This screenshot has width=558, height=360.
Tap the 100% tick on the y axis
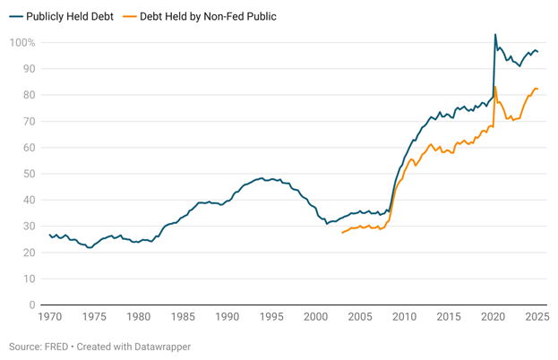point(22,43)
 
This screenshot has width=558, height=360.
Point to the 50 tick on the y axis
point(28,174)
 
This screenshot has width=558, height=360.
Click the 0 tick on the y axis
point(31,305)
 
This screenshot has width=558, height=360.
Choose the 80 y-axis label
point(28,95)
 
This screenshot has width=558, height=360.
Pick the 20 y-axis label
point(28,253)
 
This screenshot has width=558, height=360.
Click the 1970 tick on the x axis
point(50,317)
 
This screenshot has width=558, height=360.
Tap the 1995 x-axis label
point(271,317)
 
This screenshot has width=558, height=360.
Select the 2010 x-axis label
point(404,317)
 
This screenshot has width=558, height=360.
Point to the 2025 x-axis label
point(537,317)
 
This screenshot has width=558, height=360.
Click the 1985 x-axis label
point(183,317)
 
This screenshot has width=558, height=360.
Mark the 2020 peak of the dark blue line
point(495,35)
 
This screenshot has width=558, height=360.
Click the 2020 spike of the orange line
point(495,87)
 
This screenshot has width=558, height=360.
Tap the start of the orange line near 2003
point(342,233)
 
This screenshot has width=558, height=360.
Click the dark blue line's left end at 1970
point(50,235)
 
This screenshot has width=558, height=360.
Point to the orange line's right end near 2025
point(537,89)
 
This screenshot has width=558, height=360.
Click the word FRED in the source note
point(59,347)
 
